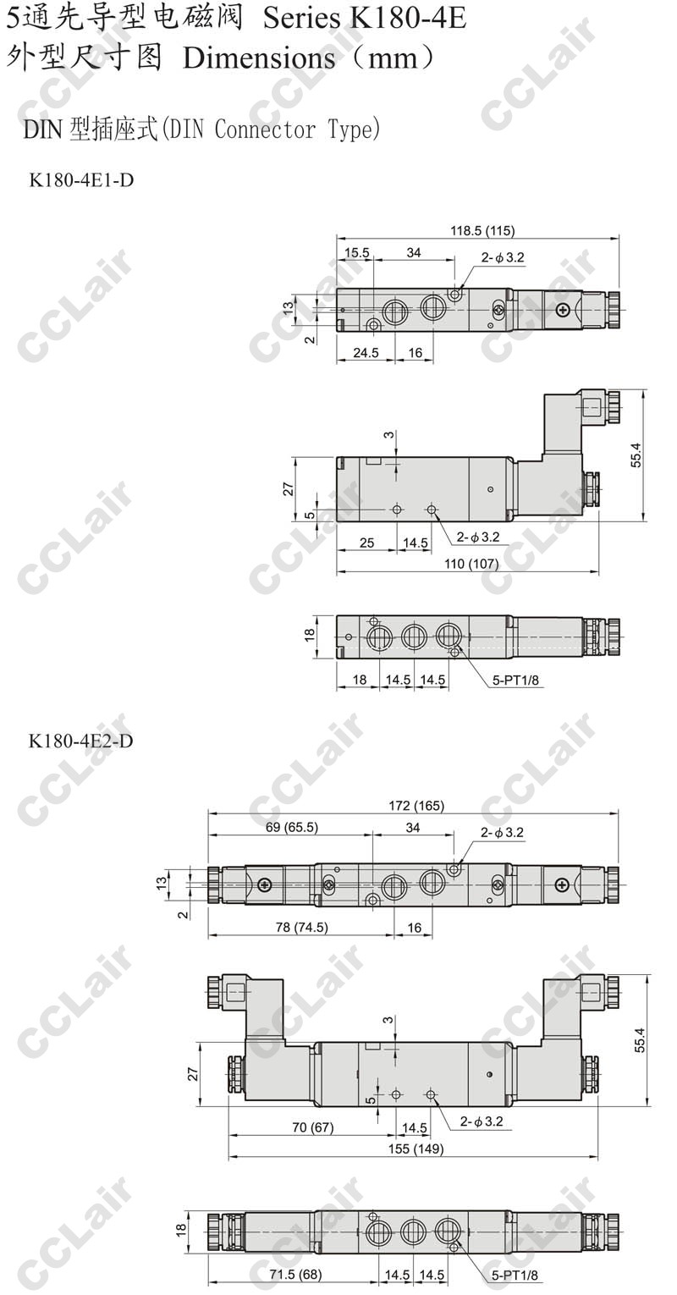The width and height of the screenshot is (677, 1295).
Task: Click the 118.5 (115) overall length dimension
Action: pos(482,231)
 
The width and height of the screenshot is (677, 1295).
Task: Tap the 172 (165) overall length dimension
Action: pos(416,805)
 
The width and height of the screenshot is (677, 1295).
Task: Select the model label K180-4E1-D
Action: pos(81,180)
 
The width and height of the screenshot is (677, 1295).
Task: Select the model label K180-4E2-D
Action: pos(81,741)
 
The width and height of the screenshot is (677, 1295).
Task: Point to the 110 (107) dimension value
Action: pos(471,563)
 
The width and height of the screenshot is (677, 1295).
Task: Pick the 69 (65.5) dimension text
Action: pos(292,827)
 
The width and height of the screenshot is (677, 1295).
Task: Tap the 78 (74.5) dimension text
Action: pos(302,928)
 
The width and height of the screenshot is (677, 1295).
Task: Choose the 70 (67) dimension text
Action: pos(313,1127)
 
